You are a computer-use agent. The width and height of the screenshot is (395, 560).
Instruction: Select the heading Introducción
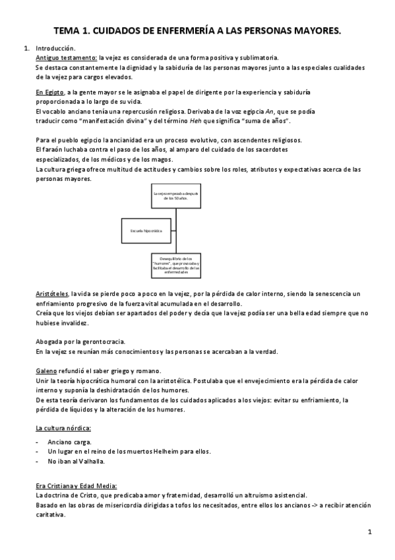tap(55, 49)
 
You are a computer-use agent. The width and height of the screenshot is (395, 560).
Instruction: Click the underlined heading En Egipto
tap(50, 92)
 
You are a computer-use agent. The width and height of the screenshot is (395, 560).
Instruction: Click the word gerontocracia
tap(102, 341)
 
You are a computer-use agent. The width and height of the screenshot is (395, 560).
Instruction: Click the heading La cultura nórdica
tap(63, 429)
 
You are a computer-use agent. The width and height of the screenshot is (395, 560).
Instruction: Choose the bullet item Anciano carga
tap(70, 441)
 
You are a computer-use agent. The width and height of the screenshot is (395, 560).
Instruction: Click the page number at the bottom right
tap(370, 532)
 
